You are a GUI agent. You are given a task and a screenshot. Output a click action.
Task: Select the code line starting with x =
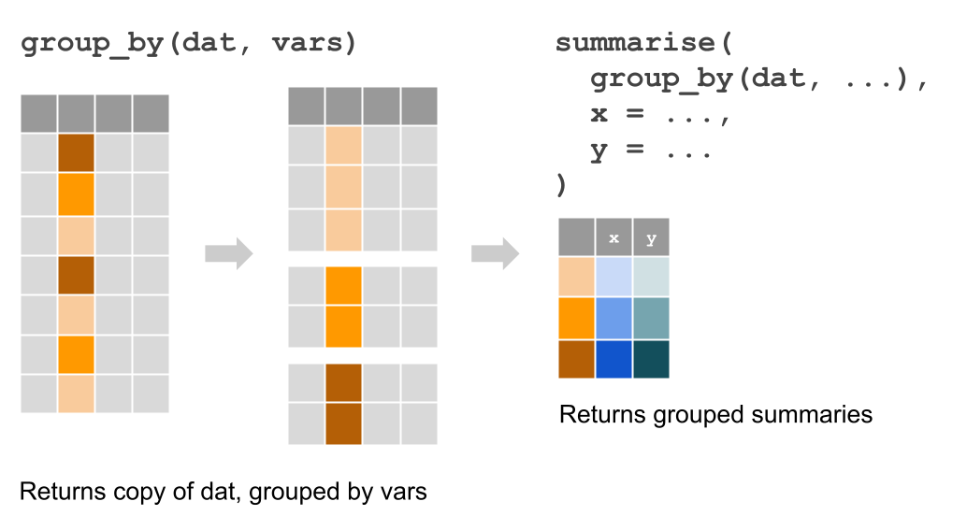pyautogui.click(x=658, y=115)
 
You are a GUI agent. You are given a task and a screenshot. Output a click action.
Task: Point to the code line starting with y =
pyautogui.click(x=650, y=150)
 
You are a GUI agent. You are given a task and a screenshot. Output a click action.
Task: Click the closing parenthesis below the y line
pyautogui.click(x=561, y=185)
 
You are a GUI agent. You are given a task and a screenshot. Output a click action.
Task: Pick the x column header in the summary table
pyautogui.click(x=613, y=237)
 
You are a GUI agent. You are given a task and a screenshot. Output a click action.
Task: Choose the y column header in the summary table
pyautogui.click(x=651, y=237)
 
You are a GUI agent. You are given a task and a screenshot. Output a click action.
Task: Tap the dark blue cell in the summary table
pyautogui.click(x=613, y=359)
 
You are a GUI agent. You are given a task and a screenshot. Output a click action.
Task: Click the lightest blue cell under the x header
pyautogui.click(x=613, y=278)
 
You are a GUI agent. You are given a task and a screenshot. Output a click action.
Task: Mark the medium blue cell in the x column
pyautogui.click(x=613, y=319)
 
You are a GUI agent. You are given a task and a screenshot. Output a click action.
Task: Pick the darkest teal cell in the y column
pyautogui.click(x=651, y=359)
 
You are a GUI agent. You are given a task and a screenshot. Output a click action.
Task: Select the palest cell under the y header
pyautogui.click(x=651, y=278)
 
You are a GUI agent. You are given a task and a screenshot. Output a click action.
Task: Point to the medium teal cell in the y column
pyautogui.click(x=651, y=319)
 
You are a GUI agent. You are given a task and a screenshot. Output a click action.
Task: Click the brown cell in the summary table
pyautogui.click(x=576, y=359)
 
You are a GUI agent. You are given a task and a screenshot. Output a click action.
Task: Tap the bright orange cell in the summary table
pyautogui.click(x=576, y=319)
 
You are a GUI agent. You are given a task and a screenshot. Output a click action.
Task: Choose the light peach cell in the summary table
pyautogui.click(x=576, y=278)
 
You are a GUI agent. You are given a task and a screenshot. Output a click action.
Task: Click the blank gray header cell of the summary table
pyautogui.click(x=576, y=237)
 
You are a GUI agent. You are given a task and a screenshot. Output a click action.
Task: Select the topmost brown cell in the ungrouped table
pyautogui.click(x=76, y=153)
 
